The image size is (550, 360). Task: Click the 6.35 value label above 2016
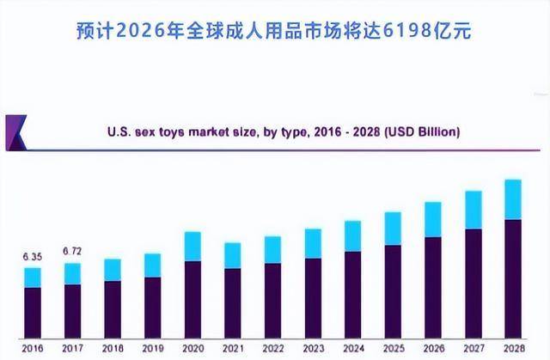(32, 256)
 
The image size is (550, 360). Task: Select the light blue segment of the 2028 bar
(512, 199)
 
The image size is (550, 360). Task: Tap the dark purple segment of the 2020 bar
(192, 297)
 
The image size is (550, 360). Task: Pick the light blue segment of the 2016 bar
(33, 278)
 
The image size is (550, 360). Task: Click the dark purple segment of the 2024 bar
(352, 292)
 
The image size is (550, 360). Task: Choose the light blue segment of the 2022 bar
(272, 249)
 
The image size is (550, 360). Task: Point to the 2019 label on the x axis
(152, 347)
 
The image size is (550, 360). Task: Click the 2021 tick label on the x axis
(232, 347)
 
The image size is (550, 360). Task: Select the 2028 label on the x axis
(512, 347)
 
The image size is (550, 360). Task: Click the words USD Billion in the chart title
(423, 132)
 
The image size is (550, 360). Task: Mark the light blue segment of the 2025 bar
(392, 229)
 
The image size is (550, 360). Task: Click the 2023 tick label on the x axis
(312, 347)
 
